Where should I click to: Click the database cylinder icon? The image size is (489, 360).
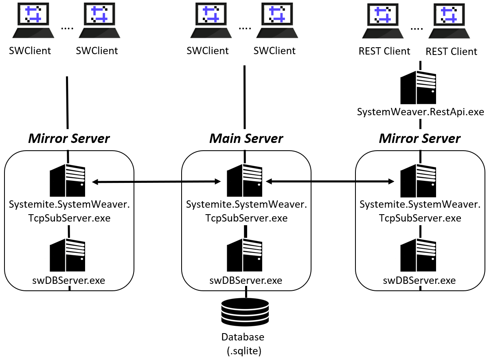click(x=245, y=312)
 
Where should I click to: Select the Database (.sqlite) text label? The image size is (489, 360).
click(x=243, y=343)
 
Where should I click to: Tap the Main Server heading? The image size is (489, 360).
click(x=246, y=138)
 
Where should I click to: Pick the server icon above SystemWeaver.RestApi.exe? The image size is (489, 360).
click(x=418, y=88)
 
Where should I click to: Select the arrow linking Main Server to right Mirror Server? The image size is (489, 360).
click(x=330, y=181)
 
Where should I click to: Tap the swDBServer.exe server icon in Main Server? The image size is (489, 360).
click(x=244, y=255)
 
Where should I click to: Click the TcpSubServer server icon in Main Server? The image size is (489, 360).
click(x=244, y=180)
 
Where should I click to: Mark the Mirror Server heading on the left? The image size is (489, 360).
click(x=69, y=138)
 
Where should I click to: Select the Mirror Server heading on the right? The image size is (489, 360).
click(x=419, y=138)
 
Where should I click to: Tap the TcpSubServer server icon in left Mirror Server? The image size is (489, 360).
click(x=68, y=180)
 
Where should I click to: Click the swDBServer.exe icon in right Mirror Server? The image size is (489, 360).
click(x=418, y=255)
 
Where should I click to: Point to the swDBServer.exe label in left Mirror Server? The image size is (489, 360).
click(x=68, y=281)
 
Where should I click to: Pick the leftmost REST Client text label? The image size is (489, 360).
click(x=384, y=51)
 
